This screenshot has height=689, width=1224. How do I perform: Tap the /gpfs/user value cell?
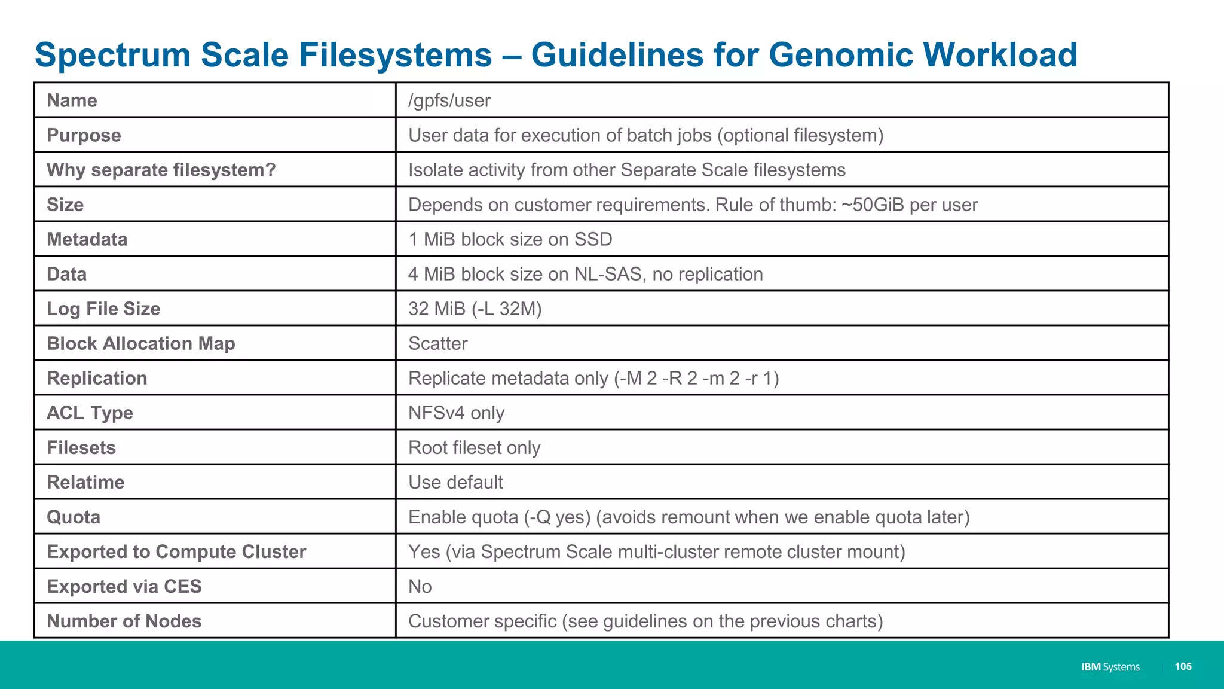tap(449, 100)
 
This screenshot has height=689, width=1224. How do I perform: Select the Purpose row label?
tap(84, 135)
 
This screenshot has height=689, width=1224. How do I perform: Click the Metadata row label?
tap(87, 239)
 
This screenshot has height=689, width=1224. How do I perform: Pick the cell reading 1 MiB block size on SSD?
tap(510, 239)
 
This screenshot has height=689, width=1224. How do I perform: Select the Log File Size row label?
tap(103, 309)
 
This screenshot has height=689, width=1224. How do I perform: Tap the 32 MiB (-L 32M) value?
tap(475, 309)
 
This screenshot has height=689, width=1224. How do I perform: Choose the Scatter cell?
tap(437, 343)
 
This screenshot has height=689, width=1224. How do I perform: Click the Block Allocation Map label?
tap(141, 343)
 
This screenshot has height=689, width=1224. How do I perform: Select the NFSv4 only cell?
tap(456, 413)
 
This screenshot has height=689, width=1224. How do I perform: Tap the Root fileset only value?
tap(474, 447)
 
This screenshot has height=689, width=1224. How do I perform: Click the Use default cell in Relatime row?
tap(455, 482)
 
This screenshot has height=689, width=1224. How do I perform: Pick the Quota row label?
tap(74, 517)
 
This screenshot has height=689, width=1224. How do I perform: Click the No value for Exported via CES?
tap(420, 586)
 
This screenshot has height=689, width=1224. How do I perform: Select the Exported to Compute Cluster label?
tap(176, 551)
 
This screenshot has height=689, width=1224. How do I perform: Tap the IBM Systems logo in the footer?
tap(1110, 667)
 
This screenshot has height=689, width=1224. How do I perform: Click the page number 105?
tap(1183, 666)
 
